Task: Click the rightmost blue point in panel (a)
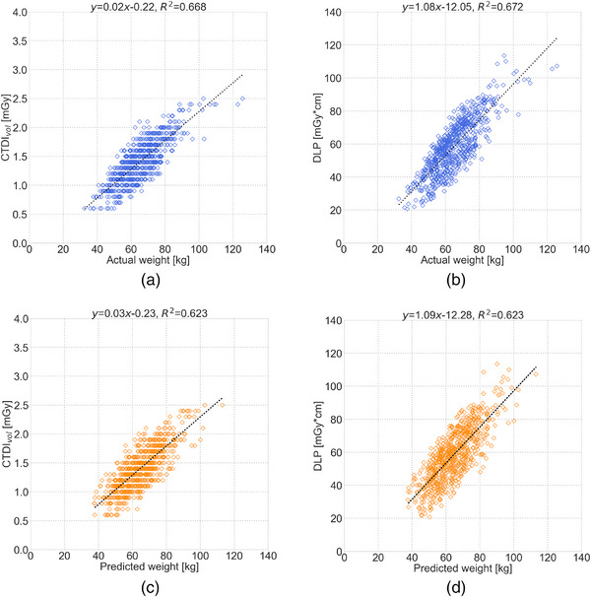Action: tap(241, 99)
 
